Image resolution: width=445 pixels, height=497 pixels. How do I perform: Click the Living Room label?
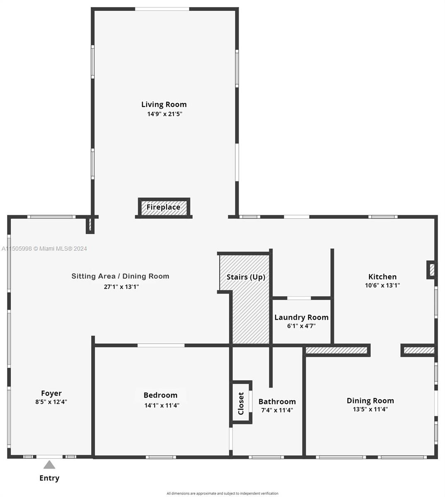pos(164,104)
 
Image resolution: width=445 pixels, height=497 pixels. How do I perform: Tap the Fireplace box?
pos(163,207)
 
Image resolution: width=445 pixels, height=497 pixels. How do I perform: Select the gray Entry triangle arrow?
pos(49,465)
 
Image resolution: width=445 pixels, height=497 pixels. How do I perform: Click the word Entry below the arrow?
pos(49,478)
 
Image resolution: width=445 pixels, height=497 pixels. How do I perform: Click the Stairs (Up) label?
pos(246,277)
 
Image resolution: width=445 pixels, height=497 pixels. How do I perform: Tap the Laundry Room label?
pos(301,317)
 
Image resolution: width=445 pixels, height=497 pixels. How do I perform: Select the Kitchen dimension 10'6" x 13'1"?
pos(382,285)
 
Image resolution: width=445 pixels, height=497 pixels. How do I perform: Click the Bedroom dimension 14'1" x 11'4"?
pos(162,405)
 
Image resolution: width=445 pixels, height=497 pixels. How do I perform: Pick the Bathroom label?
pos(277,401)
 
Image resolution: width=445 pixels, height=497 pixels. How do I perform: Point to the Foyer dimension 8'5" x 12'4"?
pos(51,402)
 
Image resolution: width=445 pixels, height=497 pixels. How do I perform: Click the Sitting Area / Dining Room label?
pos(120,276)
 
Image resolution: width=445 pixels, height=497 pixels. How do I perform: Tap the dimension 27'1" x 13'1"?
pos(121,286)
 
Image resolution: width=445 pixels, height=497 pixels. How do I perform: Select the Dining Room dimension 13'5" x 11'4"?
pos(370,410)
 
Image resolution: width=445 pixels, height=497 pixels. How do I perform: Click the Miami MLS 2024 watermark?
pos(44,248)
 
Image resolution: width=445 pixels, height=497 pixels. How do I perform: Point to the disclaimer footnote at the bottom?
pos(222,493)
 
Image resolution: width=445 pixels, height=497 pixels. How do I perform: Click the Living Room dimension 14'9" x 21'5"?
pos(164,114)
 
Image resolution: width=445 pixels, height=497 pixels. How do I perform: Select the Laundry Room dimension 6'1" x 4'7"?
pos(301,326)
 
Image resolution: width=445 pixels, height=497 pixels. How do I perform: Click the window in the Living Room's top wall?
pos(162,9)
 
